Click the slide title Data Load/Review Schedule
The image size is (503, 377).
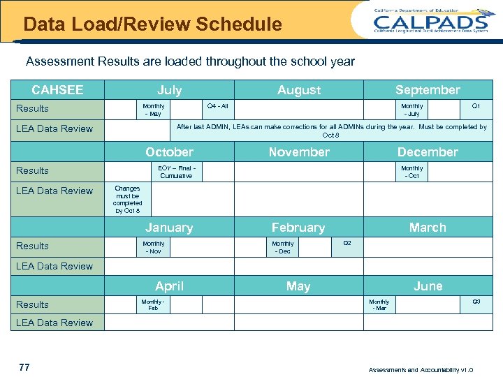[152, 25]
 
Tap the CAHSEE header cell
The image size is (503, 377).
[57, 89]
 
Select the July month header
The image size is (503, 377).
[169, 89]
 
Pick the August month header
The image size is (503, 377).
[299, 89]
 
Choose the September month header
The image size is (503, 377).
[428, 89]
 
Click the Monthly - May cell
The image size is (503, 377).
[153, 110]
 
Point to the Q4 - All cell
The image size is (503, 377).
[218, 106]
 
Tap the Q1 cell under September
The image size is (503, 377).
[476, 106]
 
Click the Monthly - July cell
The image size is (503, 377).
[412, 110]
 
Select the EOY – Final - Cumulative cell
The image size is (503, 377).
[176, 172]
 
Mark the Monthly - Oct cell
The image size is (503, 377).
[412, 172]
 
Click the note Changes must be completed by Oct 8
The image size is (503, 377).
[127, 199]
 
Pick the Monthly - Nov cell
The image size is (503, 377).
[153, 247]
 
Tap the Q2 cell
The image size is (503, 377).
[347, 243]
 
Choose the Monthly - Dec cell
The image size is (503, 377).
[283, 247]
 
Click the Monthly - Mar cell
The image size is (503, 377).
[380, 304]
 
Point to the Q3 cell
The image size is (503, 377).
[476, 302]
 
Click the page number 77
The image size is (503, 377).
[24, 367]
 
